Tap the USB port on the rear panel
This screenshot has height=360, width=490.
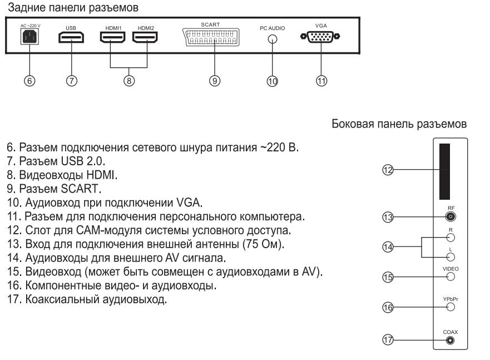pos(71,38)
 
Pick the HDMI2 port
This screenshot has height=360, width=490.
pos(145,38)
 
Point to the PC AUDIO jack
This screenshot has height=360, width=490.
pos(272,40)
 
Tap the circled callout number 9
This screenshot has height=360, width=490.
pos(214,80)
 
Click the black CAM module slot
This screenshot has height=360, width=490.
pos(443,171)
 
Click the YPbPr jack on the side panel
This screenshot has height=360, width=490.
pos(451,306)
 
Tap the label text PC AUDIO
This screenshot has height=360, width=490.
pos(272,28)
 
